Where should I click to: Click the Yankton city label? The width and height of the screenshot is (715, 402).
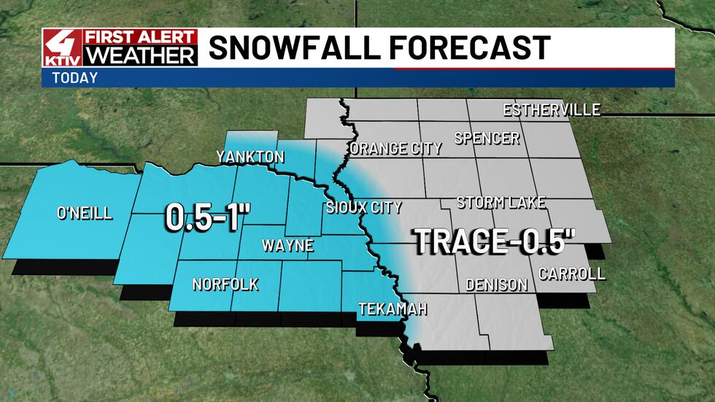tap(250, 157)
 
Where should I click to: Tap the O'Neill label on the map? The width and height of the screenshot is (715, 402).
tap(84, 213)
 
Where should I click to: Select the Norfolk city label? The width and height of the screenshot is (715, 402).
tap(225, 285)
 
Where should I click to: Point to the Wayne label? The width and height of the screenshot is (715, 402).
tap(287, 246)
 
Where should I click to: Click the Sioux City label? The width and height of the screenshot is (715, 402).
tap(363, 208)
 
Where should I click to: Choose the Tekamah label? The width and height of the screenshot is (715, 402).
tap(392, 309)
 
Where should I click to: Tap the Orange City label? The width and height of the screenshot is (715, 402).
tap(395, 149)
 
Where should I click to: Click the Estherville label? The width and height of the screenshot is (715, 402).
tap(552, 110)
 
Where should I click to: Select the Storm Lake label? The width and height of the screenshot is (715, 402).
tap(501, 203)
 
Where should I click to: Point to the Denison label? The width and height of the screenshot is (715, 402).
tap(496, 285)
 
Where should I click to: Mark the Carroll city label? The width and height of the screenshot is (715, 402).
tap(572, 274)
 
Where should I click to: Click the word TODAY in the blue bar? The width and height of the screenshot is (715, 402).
tap(74, 78)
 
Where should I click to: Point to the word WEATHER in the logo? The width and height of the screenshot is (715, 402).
tap(140, 55)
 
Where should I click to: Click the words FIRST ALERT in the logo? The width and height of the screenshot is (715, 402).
tap(140, 37)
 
